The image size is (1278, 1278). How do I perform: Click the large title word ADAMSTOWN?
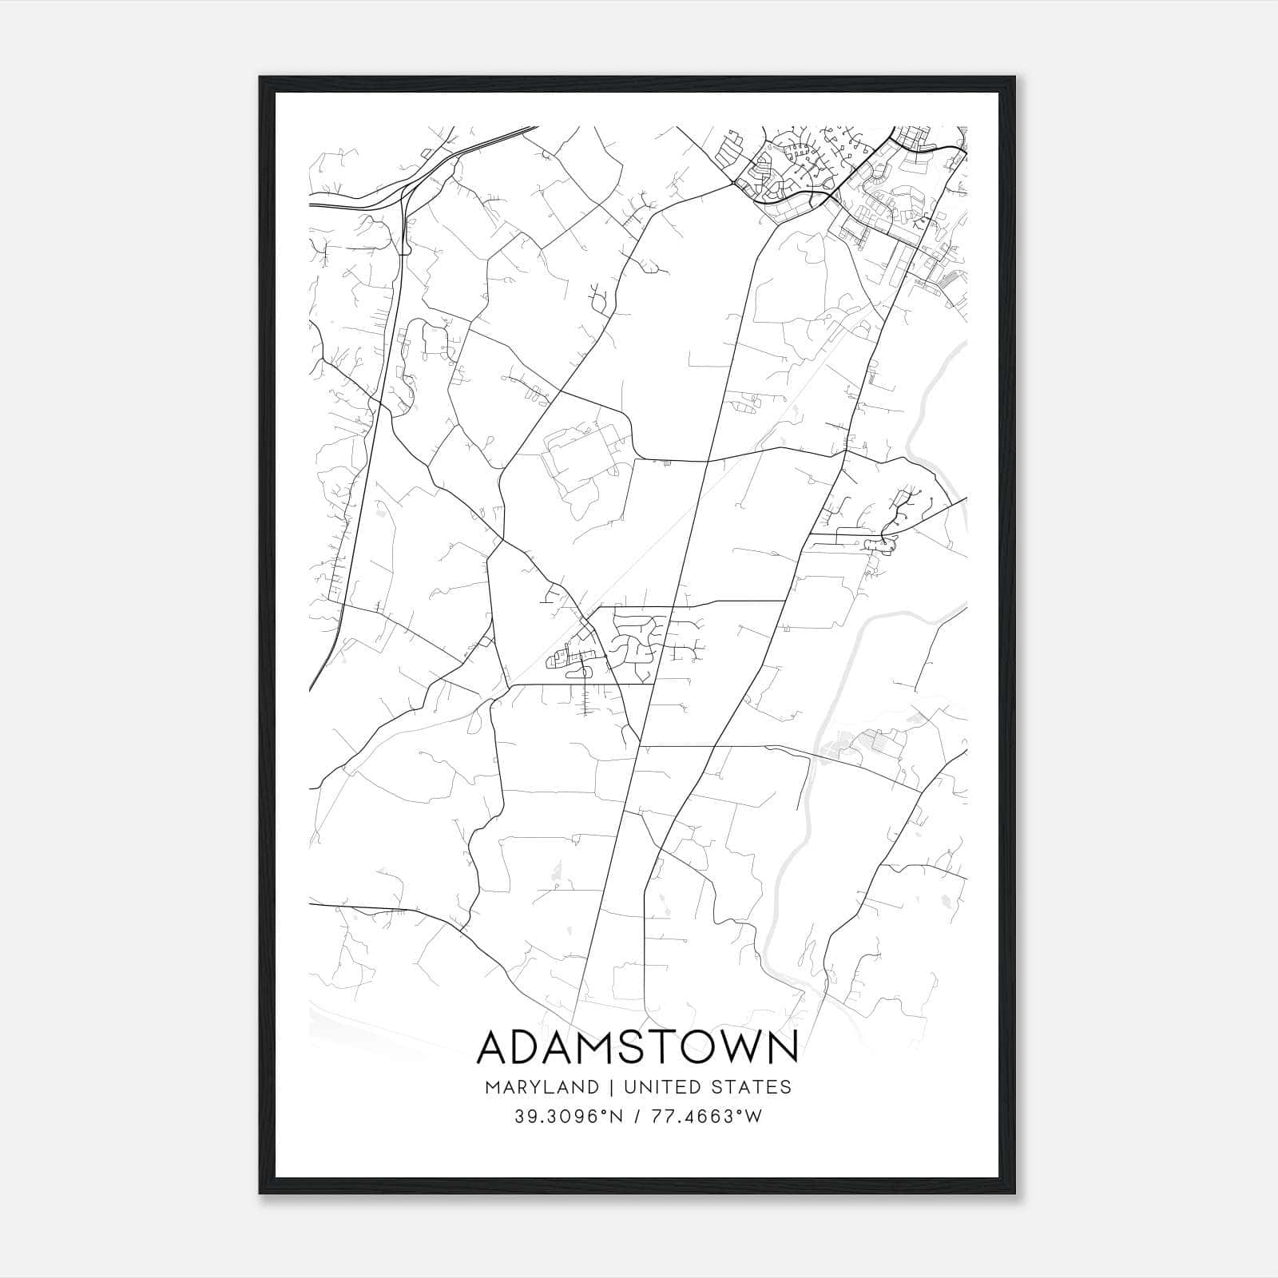pos(637,1048)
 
